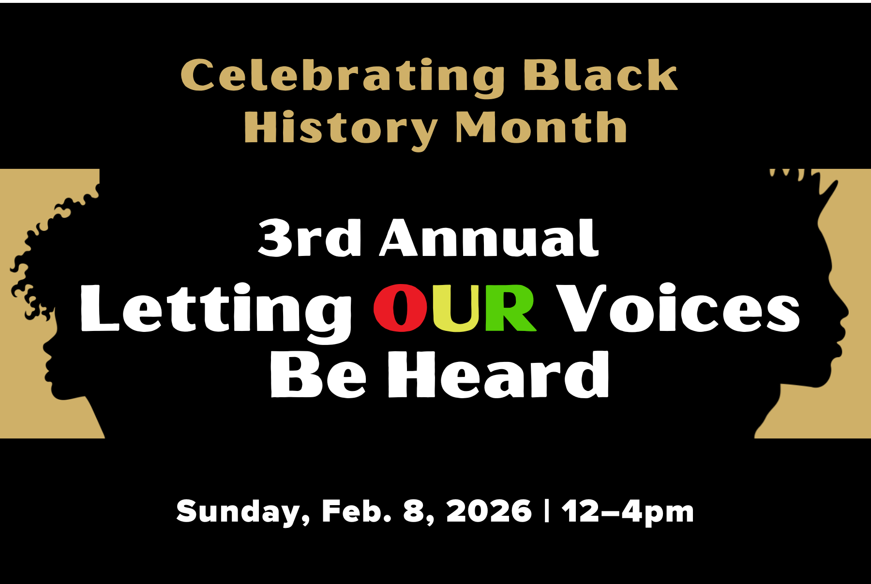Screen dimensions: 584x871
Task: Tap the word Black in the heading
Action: pyautogui.click(x=600, y=75)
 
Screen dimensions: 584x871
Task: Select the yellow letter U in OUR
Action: pyautogui.click(x=456, y=309)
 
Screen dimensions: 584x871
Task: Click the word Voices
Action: pyautogui.click(x=677, y=309)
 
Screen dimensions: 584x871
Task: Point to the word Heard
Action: pyautogui.click(x=498, y=375)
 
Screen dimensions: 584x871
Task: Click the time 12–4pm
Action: pyautogui.click(x=628, y=511)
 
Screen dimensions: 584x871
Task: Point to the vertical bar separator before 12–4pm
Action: pyautogui.click(x=547, y=511)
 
